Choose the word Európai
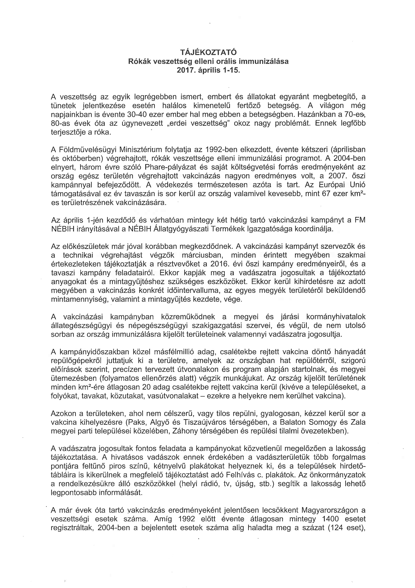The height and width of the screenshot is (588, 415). tap(334, 185)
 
